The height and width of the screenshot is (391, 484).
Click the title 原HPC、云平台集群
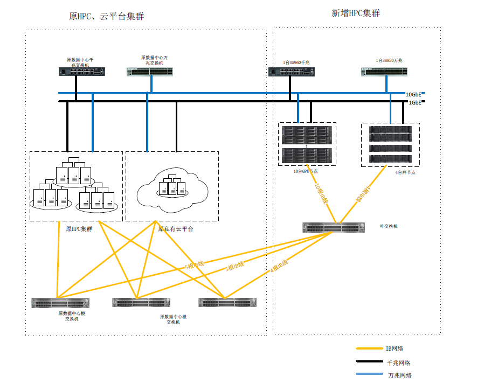[106, 17]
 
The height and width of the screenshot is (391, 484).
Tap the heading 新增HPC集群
[355, 13]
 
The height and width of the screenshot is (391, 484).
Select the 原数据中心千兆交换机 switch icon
[82, 71]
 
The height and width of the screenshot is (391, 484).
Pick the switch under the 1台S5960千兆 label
[292, 72]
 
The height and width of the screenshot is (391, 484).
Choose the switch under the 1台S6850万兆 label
[384, 71]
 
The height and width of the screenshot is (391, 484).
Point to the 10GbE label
[413, 94]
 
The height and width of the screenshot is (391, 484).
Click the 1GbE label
[414, 102]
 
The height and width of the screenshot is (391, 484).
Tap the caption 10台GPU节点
[305, 171]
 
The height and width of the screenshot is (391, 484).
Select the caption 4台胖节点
[405, 172]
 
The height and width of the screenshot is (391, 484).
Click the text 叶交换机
[389, 227]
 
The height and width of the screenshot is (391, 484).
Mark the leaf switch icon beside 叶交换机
[337, 228]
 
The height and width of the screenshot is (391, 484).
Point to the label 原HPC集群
[79, 228]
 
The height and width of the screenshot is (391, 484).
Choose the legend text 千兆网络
[399, 363]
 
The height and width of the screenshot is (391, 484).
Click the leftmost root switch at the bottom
[60, 303]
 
